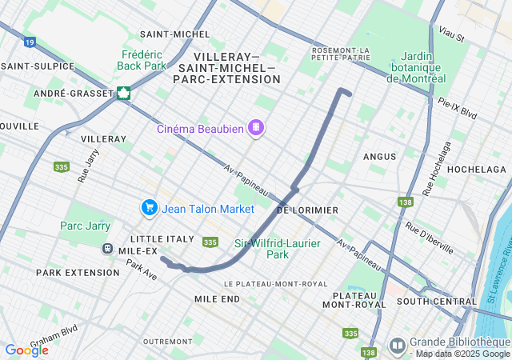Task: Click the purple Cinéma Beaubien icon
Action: coord(256,126)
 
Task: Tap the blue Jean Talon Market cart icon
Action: coord(149,208)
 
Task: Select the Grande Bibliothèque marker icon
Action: coord(397,345)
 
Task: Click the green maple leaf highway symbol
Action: coord(124,93)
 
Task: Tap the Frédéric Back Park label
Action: coord(141,59)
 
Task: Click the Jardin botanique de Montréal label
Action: coord(415,67)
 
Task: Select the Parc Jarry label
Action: coord(85,226)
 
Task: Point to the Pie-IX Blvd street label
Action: coord(458,109)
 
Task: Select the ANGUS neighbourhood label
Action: coord(379,157)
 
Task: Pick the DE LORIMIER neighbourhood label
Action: coord(306,210)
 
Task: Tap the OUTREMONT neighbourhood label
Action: coord(167,342)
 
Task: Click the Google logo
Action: coord(26,350)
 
